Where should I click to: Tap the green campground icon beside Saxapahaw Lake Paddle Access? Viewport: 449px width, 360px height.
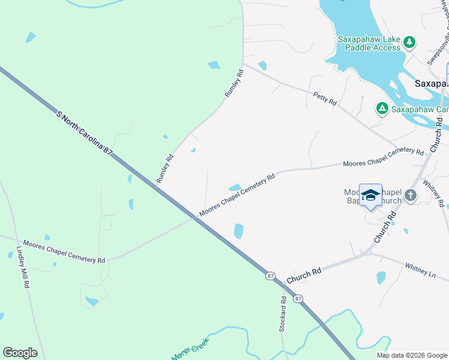tap(409, 42)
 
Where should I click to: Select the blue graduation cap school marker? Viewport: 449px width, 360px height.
tap(370, 195)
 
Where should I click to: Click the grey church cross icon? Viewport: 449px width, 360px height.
tap(410, 195)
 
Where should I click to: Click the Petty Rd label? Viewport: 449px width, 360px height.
tap(325, 98)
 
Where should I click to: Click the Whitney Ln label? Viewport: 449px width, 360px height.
tap(420, 268)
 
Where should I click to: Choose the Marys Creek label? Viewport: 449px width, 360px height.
tap(189, 349)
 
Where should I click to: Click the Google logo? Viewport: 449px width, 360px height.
tap(20, 353)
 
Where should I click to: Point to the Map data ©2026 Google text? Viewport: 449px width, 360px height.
tap(411, 355)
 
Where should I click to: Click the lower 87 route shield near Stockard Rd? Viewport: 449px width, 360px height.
tap(298, 298)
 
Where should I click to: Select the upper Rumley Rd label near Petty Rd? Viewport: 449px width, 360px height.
tap(234, 84)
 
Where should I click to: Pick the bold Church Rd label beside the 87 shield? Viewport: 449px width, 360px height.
tap(304, 275)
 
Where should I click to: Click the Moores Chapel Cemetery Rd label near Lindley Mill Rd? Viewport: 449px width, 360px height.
tap(64, 251)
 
